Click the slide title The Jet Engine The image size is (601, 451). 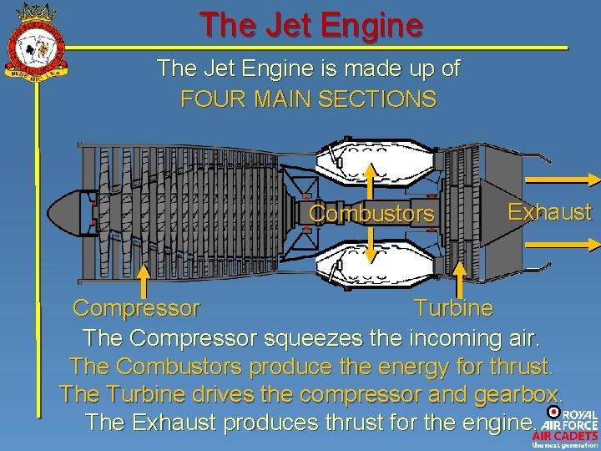[x=311, y=25]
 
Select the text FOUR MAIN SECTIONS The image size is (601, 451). [x=308, y=99]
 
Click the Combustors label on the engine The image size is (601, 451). [x=371, y=215]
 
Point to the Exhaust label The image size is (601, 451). [x=549, y=212]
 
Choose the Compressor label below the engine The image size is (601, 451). [x=136, y=308]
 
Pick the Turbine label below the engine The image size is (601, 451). [x=453, y=308]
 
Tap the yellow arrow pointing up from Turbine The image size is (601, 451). [x=458, y=280]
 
